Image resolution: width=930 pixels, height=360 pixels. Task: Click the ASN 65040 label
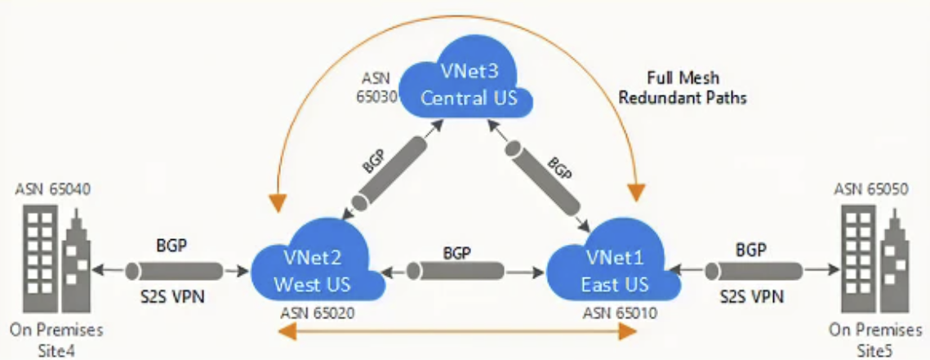(52, 189)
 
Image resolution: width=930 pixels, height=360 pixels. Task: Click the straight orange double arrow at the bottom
(458, 331)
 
